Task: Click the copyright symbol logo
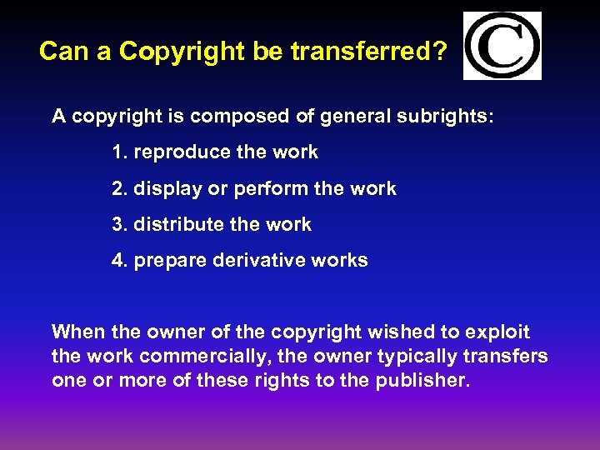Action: point(502,46)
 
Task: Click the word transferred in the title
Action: point(371,52)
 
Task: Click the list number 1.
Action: point(117,152)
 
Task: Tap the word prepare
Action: point(170,261)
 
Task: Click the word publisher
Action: point(423,382)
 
